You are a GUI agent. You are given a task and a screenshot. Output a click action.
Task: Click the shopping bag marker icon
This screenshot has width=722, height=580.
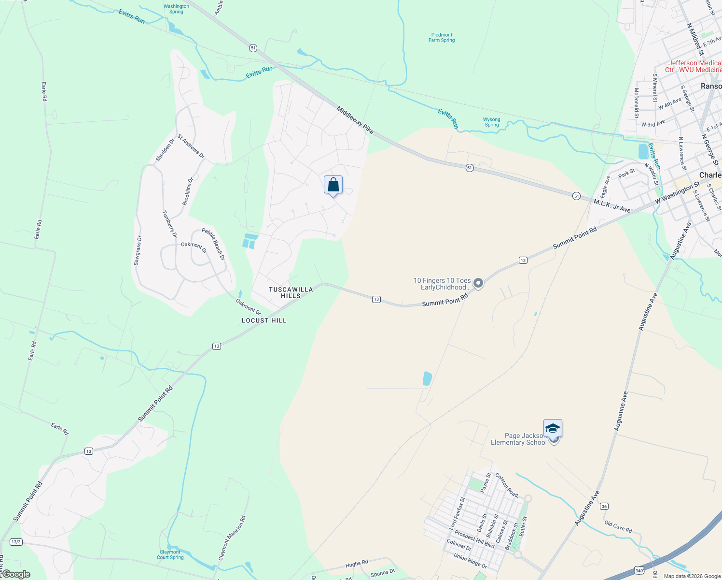pyautogui.click(x=333, y=185)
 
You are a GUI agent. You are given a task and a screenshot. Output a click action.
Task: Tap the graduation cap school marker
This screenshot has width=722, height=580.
pyautogui.click(x=553, y=429)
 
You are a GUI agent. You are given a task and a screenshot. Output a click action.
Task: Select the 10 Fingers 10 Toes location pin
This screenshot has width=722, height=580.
pyautogui.click(x=478, y=283)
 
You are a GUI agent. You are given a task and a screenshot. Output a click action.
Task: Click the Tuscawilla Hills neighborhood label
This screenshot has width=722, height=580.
pyautogui.click(x=291, y=292)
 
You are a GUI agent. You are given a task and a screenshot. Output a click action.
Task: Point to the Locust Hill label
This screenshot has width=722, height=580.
pyautogui.click(x=264, y=320)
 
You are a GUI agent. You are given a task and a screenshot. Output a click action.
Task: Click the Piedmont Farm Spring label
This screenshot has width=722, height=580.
pyautogui.click(x=442, y=38)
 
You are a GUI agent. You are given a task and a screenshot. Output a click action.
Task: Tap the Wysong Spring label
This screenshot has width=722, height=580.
pyautogui.click(x=492, y=122)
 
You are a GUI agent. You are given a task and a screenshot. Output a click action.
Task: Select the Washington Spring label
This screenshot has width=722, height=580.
pyautogui.click(x=176, y=9)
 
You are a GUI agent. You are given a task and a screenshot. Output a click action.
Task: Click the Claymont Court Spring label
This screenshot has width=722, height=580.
pyautogui.click(x=170, y=554)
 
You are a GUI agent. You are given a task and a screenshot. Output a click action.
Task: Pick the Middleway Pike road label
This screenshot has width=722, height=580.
pyautogui.click(x=355, y=120)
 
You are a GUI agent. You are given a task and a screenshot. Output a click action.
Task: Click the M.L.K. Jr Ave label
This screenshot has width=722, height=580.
pyautogui.click(x=612, y=205)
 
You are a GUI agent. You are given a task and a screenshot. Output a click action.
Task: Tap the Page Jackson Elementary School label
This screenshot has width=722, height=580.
pyautogui.click(x=519, y=439)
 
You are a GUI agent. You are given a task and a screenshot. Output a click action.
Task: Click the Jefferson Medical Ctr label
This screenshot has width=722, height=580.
pyautogui.click(x=694, y=67)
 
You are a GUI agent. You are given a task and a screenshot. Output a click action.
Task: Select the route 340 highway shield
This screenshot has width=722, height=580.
pyautogui.click(x=639, y=571)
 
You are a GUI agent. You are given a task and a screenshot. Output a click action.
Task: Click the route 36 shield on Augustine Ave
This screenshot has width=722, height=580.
pyautogui.click(x=604, y=507)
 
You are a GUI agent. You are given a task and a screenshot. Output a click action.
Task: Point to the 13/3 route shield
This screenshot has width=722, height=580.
pyautogui.click(x=16, y=542)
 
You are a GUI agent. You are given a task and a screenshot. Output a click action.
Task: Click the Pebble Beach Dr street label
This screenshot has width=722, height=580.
pyautogui.click(x=213, y=244)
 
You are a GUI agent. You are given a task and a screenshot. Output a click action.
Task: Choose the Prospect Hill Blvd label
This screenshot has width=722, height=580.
pyautogui.click(x=474, y=539)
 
